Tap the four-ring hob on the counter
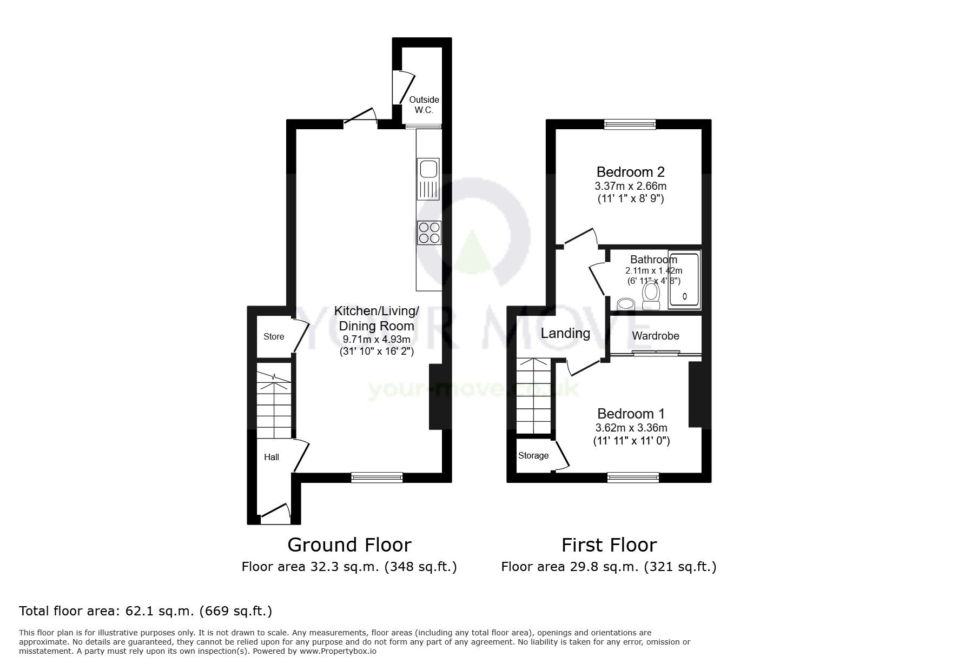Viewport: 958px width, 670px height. pos(429,233)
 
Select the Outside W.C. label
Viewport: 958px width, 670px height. pos(424,105)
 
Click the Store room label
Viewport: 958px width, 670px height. pos(274,336)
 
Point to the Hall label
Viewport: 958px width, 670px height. pos(272,457)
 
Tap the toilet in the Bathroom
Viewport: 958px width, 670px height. pos(651,295)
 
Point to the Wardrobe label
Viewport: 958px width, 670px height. pos(655,336)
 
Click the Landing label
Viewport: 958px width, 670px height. pos(565,333)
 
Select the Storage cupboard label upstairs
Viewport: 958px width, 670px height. pos(533,455)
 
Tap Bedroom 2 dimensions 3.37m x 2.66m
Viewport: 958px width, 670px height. pos(630,186)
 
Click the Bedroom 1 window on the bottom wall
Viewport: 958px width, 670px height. pos(633,476)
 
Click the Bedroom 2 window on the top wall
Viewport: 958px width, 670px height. pos(630,124)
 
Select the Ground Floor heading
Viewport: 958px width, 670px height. pos(349,545)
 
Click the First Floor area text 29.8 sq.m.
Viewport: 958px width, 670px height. pos(609,567)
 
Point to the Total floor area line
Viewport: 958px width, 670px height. pos(146,611)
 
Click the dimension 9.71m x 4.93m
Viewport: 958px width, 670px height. pos(376,340)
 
